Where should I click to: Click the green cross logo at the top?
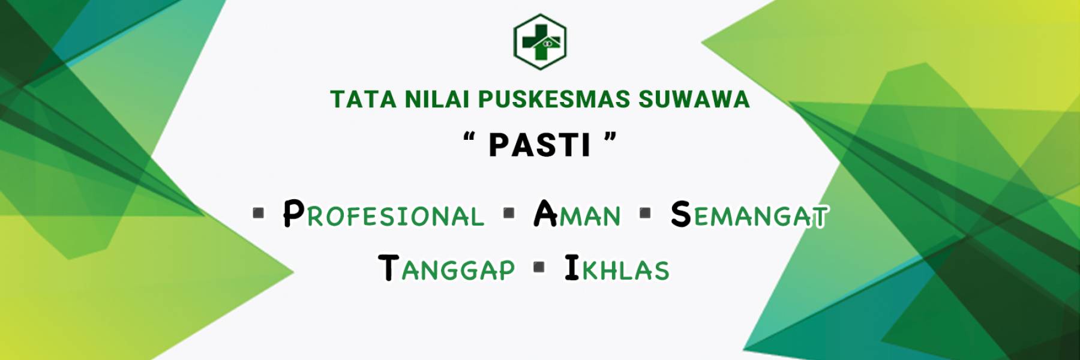coord(540,41)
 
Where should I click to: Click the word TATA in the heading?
coord(363,100)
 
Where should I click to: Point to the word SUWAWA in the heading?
coord(694,100)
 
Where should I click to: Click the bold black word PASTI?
coord(540,145)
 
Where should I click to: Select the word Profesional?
coord(383,214)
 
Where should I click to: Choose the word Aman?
coord(577,214)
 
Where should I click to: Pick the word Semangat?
coord(749,214)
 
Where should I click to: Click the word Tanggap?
coord(447,268)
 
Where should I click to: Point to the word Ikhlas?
coord(617,268)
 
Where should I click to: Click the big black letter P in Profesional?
coord(294,213)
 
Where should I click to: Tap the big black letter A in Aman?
coord(545,213)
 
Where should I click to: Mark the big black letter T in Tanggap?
coord(389,268)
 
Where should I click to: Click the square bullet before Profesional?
coord(259,213)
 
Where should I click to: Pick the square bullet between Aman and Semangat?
coord(646,213)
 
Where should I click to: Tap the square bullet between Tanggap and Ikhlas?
coord(539,267)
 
